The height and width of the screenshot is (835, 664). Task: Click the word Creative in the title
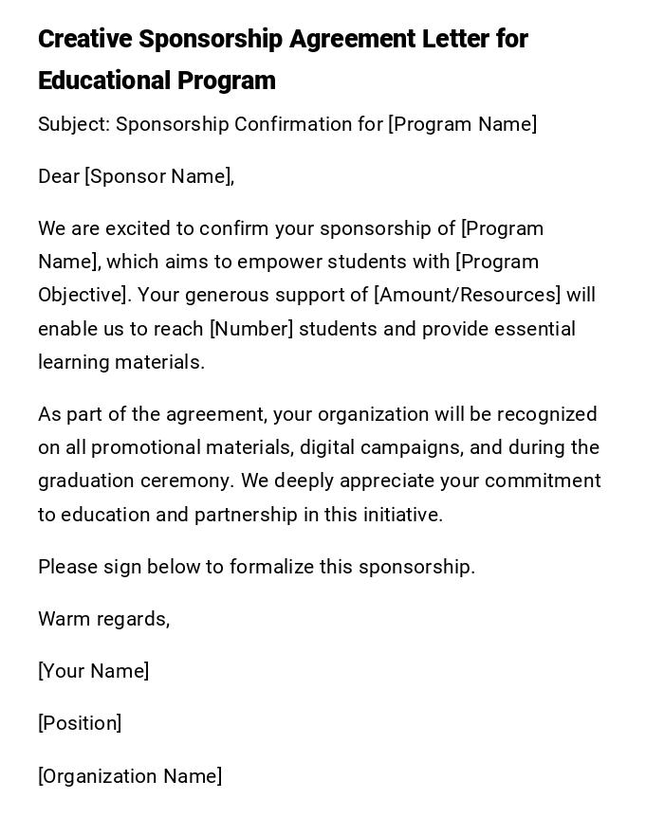pos(84,40)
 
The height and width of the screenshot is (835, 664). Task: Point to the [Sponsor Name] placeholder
pos(159,176)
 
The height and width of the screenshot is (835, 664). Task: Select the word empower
pos(278,262)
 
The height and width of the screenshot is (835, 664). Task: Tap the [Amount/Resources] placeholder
pos(468,295)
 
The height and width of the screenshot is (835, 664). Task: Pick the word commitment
pos(546,481)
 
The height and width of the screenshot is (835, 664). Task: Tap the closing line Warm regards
pos(103,619)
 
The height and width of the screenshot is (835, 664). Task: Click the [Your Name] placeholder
pos(93,671)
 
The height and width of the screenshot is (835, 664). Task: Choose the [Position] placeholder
pos(80,723)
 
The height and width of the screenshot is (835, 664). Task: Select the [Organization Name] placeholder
pos(130,776)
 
